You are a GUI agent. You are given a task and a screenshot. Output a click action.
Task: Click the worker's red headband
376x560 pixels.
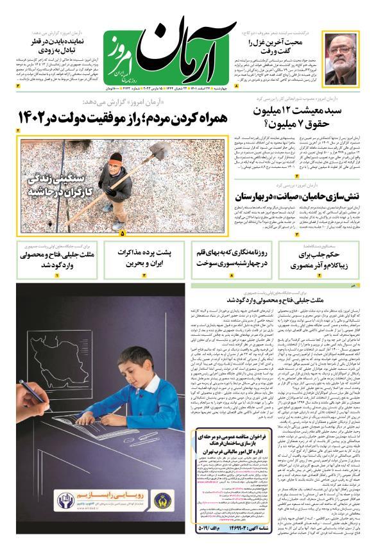[x=115, y=158]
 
